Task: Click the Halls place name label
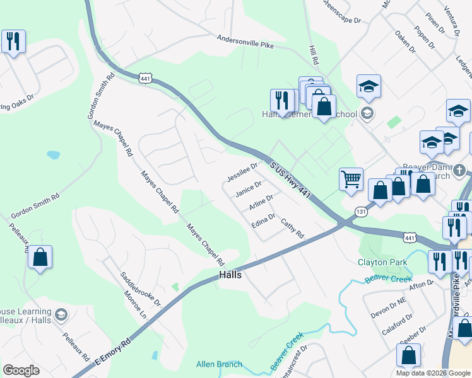click(x=230, y=275)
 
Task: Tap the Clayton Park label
click(x=382, y=262)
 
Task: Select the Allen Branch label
click(x=219, y=364)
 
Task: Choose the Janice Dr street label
click(x=248, y=189)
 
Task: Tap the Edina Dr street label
click(x=263, y=221)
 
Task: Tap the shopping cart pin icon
click(x=351, y=178)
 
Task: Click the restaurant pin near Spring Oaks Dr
click(x=13, y=42)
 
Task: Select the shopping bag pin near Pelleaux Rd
click(x=40, y=257)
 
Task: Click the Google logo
click(x=21, y=370)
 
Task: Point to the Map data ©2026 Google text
click(x=433, y=373)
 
